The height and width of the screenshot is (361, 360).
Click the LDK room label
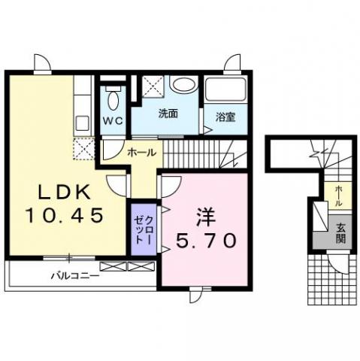(64, 193)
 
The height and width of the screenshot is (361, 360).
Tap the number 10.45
(65, 216)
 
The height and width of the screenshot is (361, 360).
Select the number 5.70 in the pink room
(206, 240)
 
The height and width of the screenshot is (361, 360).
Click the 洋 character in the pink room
(206, 217)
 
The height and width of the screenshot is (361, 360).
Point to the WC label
(113, 121)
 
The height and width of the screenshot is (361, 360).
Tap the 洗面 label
(168, 114)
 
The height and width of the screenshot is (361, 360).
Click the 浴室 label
(225, 117)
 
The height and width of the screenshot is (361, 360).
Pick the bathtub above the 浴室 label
(225, 89)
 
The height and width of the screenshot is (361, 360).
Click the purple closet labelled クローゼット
(144, 229)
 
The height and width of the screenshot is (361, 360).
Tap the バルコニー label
(75, 276)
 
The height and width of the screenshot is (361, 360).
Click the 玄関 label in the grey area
(340, 233)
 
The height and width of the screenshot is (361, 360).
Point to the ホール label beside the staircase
(142, 152)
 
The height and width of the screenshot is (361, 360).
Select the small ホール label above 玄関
(338, 196)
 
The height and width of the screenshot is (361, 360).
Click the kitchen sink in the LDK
(82, 123)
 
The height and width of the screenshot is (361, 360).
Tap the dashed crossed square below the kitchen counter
(84, 148)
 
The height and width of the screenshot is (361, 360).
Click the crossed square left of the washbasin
(153, 86)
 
